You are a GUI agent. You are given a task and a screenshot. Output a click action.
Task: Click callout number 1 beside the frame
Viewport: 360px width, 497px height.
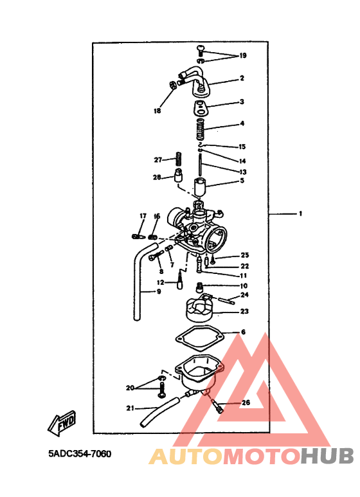[300, 213]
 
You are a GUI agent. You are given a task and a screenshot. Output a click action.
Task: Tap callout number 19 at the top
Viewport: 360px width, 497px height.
[242, 56]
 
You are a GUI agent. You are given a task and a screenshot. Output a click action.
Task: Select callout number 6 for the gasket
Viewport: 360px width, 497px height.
[243, 332]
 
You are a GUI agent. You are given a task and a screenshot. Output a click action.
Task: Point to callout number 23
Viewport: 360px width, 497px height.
[244, 311]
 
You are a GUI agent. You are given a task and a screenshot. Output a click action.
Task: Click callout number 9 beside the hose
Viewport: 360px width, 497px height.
[158, 293]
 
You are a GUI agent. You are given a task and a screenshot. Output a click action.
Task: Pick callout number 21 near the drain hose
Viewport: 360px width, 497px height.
[130, 408]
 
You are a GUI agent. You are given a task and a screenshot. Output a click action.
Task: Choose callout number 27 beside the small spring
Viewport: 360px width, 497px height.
[157, 159]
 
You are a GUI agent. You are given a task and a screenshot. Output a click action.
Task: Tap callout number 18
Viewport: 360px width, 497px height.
[157, 111]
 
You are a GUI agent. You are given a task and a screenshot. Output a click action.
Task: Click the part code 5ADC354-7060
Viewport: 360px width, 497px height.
[80, 454]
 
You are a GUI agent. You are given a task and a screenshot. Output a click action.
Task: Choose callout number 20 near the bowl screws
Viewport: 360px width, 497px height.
[130, 388]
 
